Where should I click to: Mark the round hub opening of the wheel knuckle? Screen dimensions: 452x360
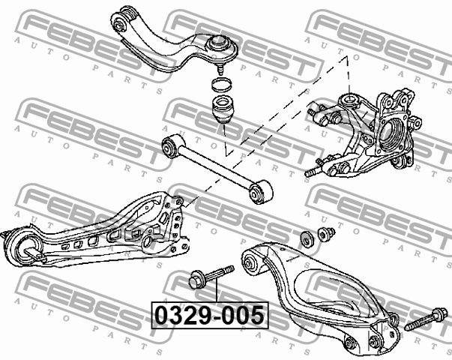[x=394, y=134]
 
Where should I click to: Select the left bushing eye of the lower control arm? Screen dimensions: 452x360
[x=251, y=264]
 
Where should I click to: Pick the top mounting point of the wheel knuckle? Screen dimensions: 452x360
[x=349, y=100]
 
